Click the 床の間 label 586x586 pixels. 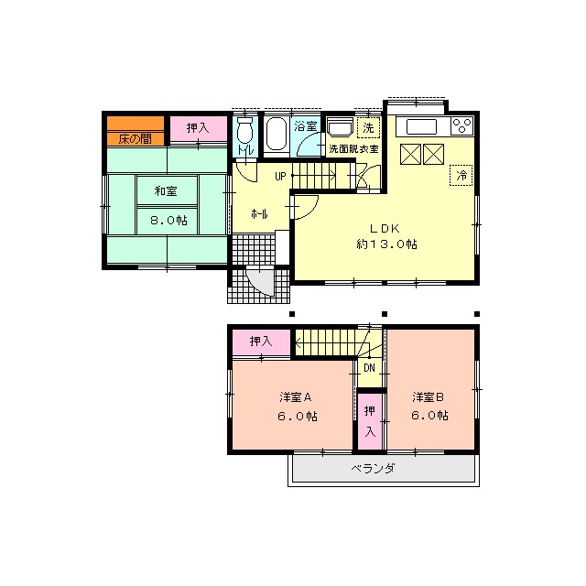(135, 138)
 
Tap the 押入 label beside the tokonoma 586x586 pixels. (197, 129)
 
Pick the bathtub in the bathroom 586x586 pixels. (277, 137)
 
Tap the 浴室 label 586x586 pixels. (306, 127)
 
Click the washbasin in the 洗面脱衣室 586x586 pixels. (340, 128)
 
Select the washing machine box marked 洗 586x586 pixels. (368, 127)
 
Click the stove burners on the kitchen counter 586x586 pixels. (462, 127)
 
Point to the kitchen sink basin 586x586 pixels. (423, 127)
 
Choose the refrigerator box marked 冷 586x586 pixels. (462, 174)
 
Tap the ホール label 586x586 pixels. (260, 213)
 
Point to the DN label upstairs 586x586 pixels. (369, 368)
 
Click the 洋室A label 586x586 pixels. (297, 397)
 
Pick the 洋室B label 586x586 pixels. (428, 397)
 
